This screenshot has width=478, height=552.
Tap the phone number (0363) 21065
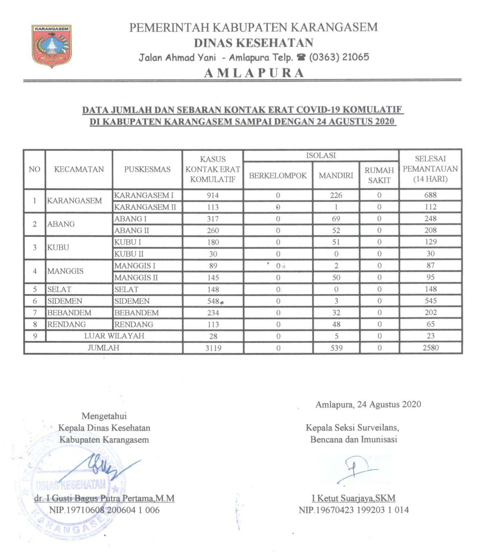[x=339, y=57]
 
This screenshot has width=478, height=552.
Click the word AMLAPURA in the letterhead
[x=254, y=73]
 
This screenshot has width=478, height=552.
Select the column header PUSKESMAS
[x=147, y=169]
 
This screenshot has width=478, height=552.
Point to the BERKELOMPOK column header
[x=278, y=175]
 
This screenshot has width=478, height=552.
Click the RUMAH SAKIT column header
[x=379, y=175]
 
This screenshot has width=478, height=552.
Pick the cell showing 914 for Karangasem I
[x=213, y=195]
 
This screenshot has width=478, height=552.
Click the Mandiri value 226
[x=336, y=195]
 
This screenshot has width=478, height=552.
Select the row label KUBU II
[x=129, y=254]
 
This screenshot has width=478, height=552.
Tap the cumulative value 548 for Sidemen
[x=213, y=301]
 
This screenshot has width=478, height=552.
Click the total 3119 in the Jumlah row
[x=213, y=348]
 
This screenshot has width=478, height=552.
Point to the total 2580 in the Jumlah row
[x=430, y=347]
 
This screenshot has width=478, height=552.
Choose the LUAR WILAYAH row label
[x=114, y=336]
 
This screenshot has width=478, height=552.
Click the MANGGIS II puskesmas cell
[x=136, y=278]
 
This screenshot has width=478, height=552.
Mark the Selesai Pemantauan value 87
[x=430, y=265]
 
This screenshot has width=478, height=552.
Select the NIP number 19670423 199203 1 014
[x=353, y=510]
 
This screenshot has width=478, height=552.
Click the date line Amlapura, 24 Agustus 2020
[x=368, y=404]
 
